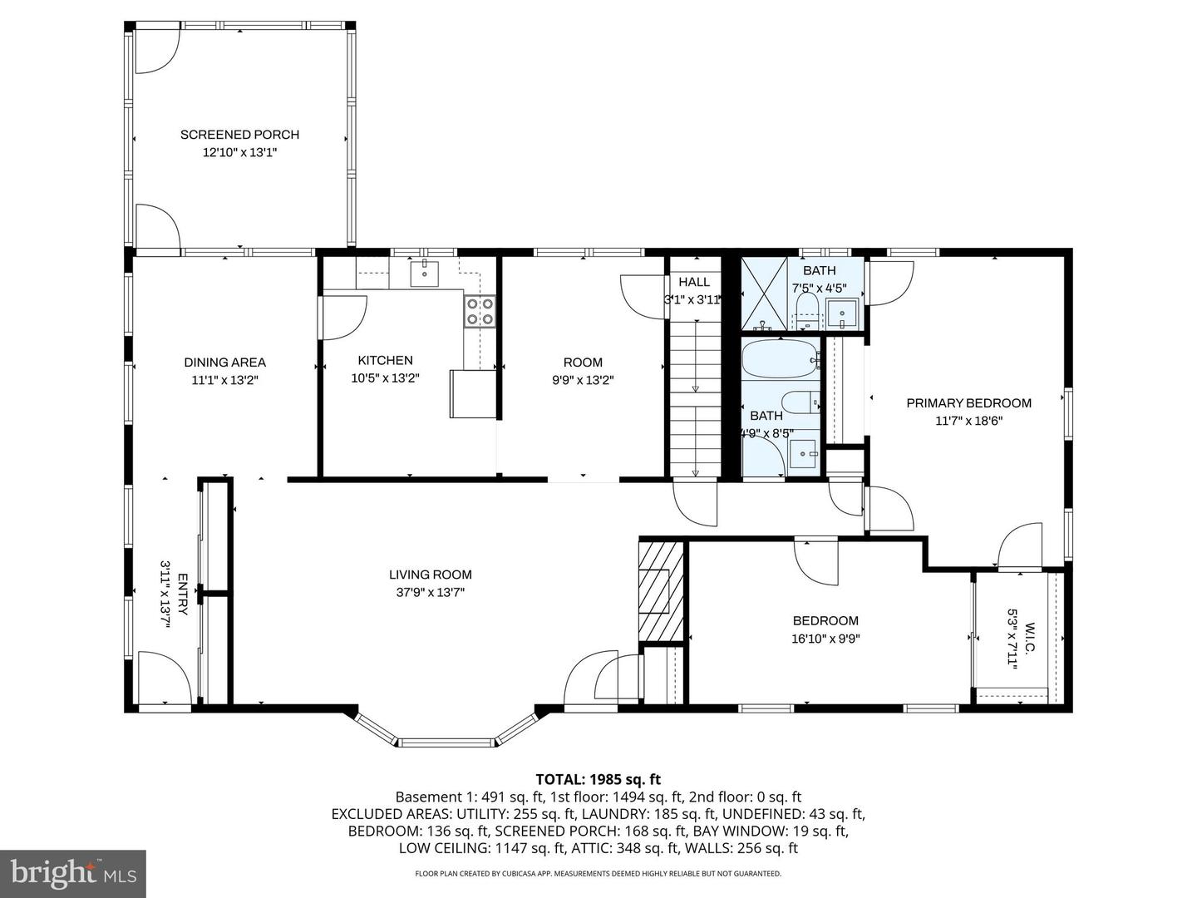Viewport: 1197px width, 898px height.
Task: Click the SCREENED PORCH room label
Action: pos(239,135)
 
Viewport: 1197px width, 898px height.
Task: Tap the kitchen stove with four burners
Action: pos(480,312)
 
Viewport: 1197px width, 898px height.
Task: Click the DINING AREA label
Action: pos(224,363)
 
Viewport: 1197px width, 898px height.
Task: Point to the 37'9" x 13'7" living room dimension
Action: pos(431,593)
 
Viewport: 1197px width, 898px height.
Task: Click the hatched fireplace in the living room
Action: pos(661,591)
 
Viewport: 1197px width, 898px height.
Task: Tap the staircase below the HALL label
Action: pos(695,399)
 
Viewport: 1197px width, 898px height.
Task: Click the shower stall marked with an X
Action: pos(762,294)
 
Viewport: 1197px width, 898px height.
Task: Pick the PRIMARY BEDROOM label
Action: pos(968,403)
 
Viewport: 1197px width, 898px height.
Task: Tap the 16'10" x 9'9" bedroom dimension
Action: pos(825,639)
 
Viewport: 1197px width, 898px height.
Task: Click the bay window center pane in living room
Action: pos(446,741)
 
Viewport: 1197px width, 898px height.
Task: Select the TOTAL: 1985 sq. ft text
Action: pos(598,779)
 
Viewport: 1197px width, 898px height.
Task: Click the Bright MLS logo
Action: pos(73,873)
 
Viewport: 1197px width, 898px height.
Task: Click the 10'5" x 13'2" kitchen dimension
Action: pos(385,378)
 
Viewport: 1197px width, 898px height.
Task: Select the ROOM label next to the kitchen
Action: pos(583,363)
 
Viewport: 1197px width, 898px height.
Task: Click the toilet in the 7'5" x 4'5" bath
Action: pos(807,312)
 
